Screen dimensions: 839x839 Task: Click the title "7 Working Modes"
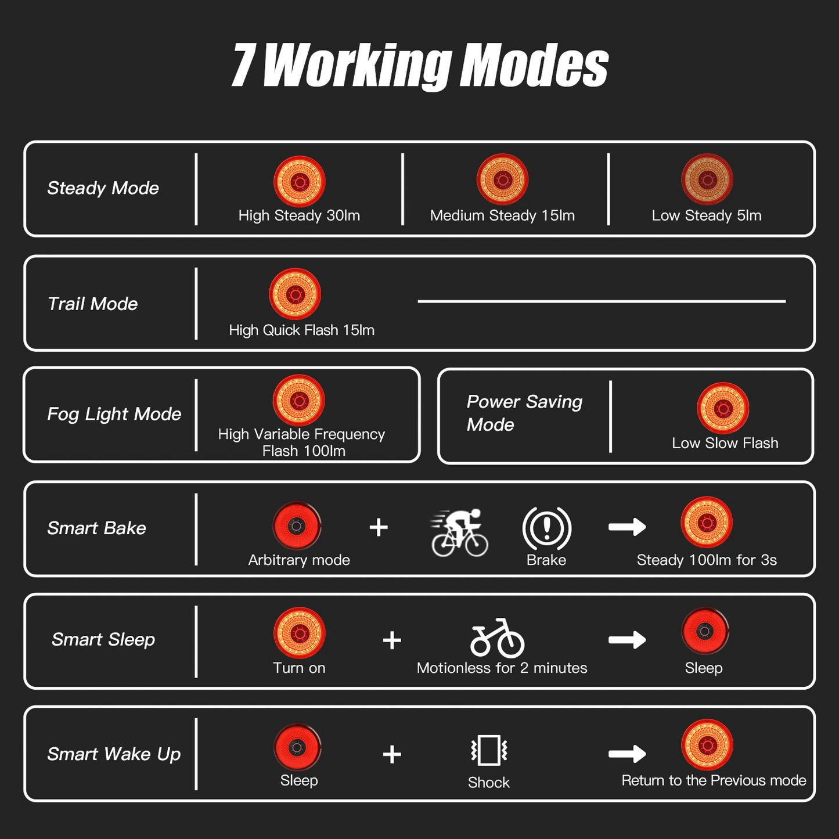[420, 66]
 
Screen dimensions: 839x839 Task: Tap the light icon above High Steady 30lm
[300, 181]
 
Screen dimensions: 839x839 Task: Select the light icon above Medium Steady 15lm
[502, 179]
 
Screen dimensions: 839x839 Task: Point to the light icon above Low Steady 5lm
[707, 179]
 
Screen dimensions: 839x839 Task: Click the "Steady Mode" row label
[103, 189]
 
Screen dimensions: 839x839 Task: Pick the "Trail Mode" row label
[92, 304]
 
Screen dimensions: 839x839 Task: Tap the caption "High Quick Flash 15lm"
[302, 330]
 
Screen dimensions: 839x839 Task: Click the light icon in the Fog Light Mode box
[298, 400]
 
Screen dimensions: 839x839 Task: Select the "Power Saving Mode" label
[524, 413]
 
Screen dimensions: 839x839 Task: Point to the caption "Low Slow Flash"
[725, 443]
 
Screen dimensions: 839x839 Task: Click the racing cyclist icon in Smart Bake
[459, 533]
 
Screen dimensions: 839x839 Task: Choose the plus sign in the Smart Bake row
[379, 527]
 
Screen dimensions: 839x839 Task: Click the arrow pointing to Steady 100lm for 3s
[627, 527]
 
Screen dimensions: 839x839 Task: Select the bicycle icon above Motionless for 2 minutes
[497, 638]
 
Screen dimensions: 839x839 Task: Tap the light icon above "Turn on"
[300, 633]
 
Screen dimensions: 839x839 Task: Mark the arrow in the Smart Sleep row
[627, 640]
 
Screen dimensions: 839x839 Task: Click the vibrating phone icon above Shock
[489, 750]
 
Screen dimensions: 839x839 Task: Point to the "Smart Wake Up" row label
[114, 754]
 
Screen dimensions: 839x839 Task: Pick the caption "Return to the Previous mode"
[714, 780]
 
